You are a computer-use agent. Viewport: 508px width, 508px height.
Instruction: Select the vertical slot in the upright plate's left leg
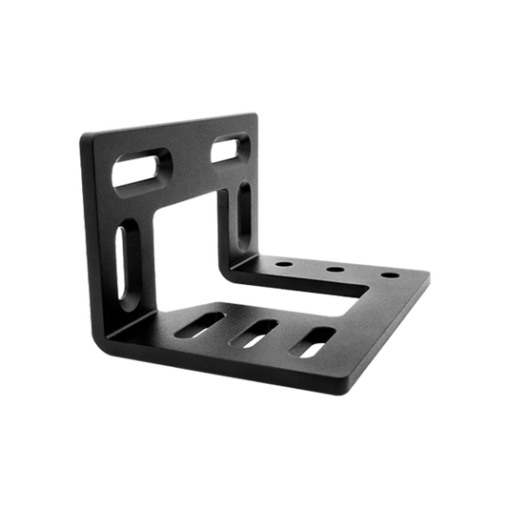point(123,257)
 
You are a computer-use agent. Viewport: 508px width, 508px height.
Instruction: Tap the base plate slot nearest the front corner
point(315,340)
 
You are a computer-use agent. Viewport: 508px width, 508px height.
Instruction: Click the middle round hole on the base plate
point(335,269)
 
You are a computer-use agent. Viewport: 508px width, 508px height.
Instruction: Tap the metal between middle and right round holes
point(361,273)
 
